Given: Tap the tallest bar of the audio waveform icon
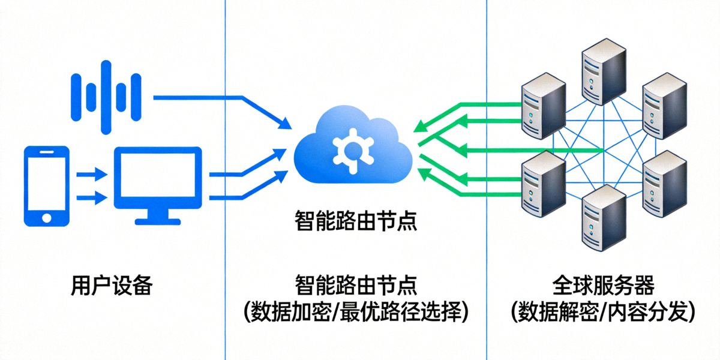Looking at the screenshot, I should pyautogui.click(x=107, y=97).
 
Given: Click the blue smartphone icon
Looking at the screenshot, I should pyautogui.click(x=46, y=185).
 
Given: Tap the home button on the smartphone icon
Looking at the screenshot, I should pyautogui.click(x=46, y=217).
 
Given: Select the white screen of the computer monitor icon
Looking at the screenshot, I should pyautogui.click(x=158, y=177).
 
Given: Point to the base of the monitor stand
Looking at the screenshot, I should pyautogui.click(x=158, y=220).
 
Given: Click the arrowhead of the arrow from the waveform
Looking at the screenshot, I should pyautogui.click(x=286, y=124).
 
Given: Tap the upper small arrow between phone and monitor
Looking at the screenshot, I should pyautogui.click(x=91, y=175).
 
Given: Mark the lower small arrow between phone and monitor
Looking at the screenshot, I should pyautogui.click(x=91, y=196).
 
